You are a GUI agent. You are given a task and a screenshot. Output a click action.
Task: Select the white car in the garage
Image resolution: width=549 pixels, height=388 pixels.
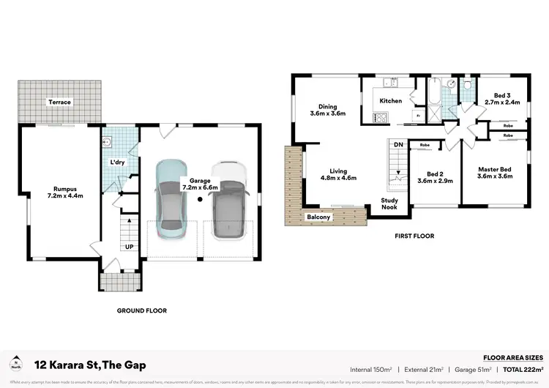tap(228, 200)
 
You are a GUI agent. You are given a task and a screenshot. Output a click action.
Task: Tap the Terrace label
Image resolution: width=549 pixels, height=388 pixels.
tap(59, 102)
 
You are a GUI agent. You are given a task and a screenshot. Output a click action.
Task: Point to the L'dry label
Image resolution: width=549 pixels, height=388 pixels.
tap(117, 161)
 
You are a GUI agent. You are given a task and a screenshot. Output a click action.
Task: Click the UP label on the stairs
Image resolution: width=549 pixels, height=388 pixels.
tap(129, 247)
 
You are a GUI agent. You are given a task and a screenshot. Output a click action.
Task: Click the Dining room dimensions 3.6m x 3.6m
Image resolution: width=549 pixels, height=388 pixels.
tap(327, 114)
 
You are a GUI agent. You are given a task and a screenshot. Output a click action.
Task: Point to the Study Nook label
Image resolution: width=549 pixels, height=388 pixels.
tap(389, 204)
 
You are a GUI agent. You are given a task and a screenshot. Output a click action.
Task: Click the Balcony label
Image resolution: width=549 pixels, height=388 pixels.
tap(318, 217)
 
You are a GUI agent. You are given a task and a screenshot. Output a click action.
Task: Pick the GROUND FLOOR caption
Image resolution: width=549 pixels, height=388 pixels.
tap(142, 310)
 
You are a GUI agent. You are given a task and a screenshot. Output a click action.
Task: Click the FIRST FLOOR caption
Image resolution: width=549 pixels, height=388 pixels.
tap(414, 236)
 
